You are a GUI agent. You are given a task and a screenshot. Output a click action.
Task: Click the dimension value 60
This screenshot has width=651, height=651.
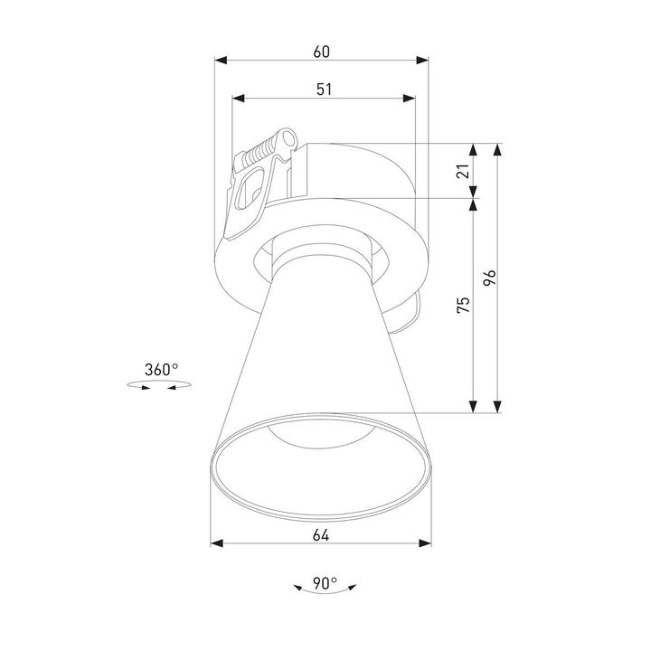321,52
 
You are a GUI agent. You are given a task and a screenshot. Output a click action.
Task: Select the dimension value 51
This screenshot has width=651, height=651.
323,89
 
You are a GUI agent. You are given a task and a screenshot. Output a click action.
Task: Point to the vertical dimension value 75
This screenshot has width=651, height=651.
463,306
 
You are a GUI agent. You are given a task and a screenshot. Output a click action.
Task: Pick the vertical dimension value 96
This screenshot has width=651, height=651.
489,278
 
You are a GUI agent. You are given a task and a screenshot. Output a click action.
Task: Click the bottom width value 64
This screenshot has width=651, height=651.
321,534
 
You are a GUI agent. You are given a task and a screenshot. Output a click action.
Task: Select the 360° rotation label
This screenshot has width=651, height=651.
161,369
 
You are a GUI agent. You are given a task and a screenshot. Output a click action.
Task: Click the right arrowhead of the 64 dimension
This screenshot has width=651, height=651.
425,544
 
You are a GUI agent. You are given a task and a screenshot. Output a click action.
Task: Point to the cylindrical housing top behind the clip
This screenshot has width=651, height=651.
362,167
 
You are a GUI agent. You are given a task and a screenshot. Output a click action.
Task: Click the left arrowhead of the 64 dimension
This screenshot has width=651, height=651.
216,544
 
